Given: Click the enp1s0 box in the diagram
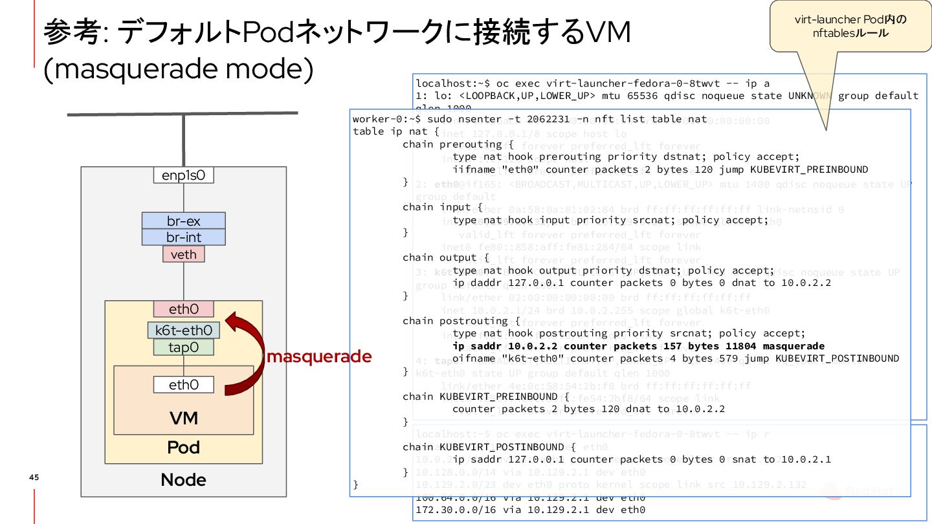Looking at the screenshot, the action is tap(184, 175).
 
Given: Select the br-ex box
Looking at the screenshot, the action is tap(184, 221).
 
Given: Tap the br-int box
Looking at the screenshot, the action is tap(184, 237).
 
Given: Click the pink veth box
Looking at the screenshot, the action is tap(184, 254).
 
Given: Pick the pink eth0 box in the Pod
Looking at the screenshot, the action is tap(184, 309).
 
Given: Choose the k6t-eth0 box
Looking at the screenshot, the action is tap(184, 331).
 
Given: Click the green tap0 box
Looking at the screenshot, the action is tap(184, 347).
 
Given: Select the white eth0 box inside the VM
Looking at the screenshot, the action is tap(184, 385).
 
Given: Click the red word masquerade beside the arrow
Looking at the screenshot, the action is tap(319, 356).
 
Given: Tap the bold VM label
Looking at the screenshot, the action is tap(184, 418).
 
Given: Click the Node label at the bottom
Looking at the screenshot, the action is tap(184, 480).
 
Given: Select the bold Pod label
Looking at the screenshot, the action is tap(184, 448).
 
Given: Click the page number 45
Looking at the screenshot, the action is tap(34, 477).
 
